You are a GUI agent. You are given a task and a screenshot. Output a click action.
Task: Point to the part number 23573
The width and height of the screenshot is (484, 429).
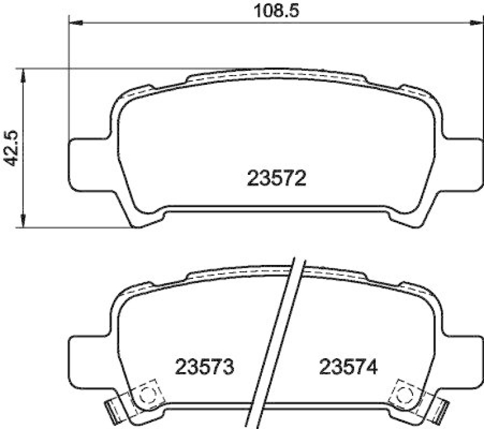pos(204,366)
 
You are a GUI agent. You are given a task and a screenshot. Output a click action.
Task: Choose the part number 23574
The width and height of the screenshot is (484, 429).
pos(348,366)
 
